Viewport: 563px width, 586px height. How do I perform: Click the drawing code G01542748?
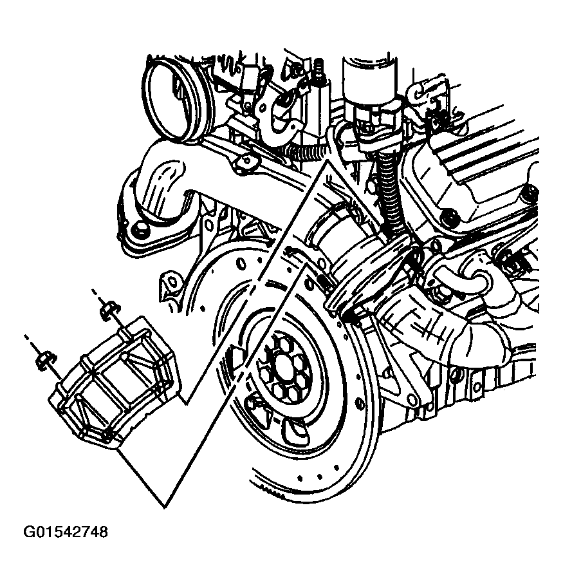tap(66, 531)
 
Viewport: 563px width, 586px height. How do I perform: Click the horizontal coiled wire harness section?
tap(308, 151)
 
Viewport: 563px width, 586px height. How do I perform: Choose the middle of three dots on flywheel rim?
tap(320, 477)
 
